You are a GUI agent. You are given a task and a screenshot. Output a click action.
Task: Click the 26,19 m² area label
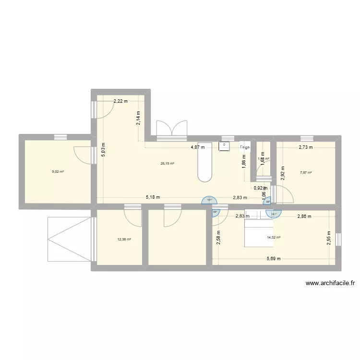167,163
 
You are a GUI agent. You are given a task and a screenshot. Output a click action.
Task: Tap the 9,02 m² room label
59,171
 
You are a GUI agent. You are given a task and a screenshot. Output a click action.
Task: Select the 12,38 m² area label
124,240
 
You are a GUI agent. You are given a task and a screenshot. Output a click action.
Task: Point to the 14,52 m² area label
274,237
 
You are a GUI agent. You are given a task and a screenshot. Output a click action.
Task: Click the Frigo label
245,147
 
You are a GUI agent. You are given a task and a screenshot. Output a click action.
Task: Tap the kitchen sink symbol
224,146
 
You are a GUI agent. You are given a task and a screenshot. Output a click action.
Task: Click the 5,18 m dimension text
153,197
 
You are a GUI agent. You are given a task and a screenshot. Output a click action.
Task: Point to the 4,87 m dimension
198,147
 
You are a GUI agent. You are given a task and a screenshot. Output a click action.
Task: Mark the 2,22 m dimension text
120,101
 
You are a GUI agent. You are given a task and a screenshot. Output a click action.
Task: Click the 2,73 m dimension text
306,147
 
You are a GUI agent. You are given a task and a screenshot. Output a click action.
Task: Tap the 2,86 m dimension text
304,216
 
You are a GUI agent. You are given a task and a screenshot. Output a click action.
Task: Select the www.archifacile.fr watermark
330,283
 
